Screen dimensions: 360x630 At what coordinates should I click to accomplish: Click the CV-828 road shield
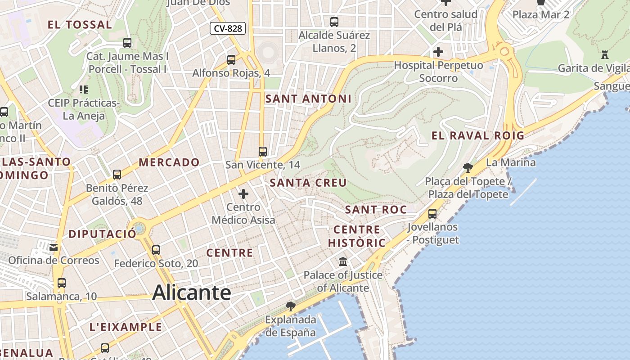pyautogui.click(x=228, y=28)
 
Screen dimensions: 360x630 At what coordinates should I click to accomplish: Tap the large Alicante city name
pyautogui.click(x=192, y=293)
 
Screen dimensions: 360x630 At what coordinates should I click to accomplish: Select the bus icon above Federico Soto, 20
pyautogui.click(x=156, y=250)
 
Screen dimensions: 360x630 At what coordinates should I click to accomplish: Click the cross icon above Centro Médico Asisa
pyautogui.click(x=243, y=194)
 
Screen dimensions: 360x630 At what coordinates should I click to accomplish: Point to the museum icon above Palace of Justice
pyautogui.click(x=343, y=261)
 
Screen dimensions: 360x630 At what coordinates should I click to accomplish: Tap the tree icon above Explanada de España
pyautogui.click(x=291, y=306)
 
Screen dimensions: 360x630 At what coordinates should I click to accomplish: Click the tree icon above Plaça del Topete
pyautogui.click(x=468, y=168)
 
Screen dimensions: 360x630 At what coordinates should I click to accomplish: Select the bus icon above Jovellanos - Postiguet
pyautogui.click(x=432, y=213)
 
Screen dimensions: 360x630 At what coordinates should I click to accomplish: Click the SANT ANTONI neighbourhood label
pyautogui.click(x=308, y=99)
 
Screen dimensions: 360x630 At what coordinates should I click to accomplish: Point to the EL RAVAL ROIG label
pyautogui.click(x=478, y=135)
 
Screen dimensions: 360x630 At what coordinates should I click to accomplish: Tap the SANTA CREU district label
pyautogui.click(x=308, y=183)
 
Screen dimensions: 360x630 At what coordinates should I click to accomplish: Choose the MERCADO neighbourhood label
pyautogui.click(x=169, y=162)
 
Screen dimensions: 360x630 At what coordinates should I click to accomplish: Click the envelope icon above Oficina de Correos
pyautogui.click(x=54, y=247)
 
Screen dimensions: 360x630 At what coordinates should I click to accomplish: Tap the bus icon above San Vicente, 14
pyautogui.click(x=263, y=152)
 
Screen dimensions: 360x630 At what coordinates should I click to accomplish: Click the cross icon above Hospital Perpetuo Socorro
pyautogui.click(x=438, y=52)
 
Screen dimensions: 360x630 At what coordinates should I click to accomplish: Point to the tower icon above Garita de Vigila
pyautogui.click(x=605, y=55)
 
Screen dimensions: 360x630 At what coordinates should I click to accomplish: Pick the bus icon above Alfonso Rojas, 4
pyautogui.click(x=231, y=59)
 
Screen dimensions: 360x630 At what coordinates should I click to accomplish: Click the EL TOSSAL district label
pyautogui.click(x=80, y=25)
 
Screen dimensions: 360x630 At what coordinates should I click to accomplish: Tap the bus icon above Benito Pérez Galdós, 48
pyautogui.click(x=117, y=174)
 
